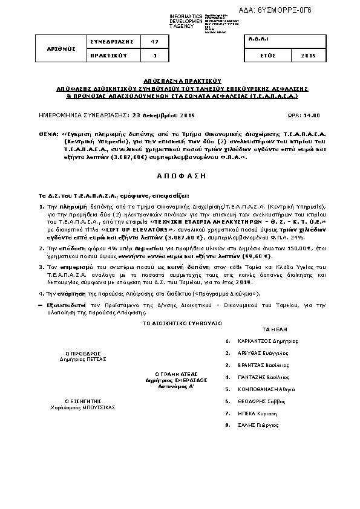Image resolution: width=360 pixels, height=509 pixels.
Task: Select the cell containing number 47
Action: [x=154, y=41]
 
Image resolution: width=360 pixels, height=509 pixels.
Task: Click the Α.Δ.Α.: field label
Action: [x=259, y=38]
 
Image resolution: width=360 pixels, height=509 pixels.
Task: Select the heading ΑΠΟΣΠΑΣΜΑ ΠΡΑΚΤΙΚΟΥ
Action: [x=180, y=80]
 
